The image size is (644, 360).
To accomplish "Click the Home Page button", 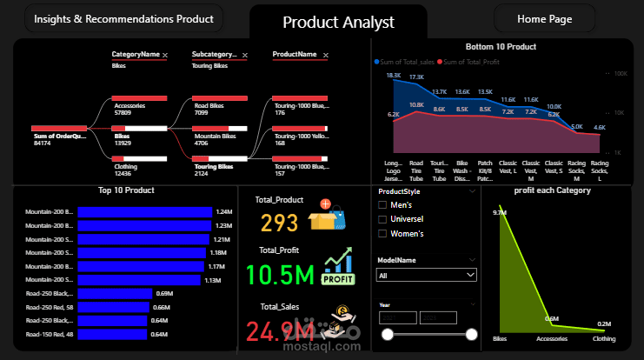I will [x=544, y=18].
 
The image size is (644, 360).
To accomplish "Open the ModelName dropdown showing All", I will [x=426, y=275].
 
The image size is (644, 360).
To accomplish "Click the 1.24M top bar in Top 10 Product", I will [x=145, y=211].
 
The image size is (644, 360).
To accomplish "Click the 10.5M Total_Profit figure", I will [x=280, y=275].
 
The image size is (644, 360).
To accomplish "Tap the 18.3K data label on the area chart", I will [x=394, y=76].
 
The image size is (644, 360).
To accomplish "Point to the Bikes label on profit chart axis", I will [x=500, y=339].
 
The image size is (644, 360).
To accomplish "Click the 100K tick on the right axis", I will [x=621, y=74].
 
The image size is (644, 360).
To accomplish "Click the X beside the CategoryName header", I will [x=165, y=55].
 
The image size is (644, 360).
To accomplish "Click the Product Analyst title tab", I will [x=338, y=23].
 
